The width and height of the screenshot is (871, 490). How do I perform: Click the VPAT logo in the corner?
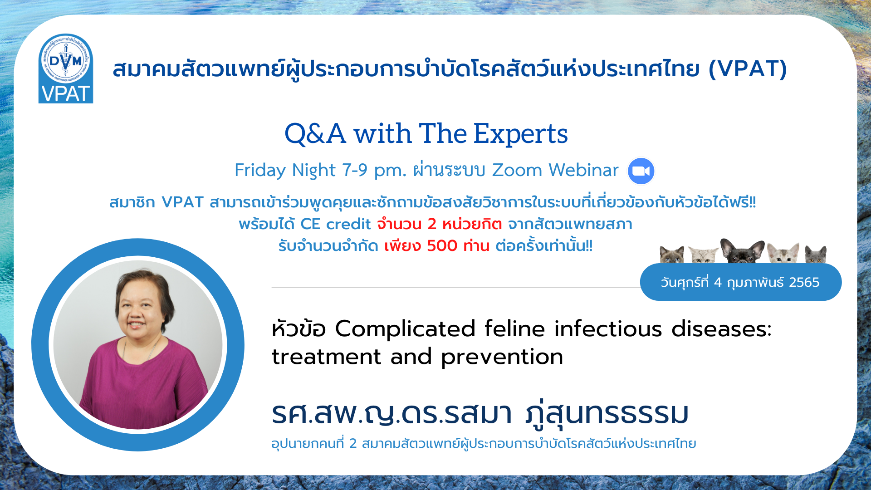tap(66, 69)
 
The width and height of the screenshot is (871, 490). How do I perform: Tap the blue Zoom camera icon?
tap(641, 171)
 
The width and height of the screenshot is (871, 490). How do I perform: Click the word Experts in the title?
tap(520, 133)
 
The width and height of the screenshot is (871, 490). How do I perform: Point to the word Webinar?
tap(583, 170)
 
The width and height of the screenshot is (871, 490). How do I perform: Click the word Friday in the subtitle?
tap(260, 171)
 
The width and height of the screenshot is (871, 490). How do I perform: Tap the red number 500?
tap(442, 245)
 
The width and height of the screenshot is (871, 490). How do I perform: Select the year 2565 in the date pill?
tap(804, 282)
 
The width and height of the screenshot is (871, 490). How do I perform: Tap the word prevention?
tap(502, 357)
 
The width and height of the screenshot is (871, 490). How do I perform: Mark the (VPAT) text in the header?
tap(748, 69)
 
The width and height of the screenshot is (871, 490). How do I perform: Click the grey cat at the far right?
tap(816, 254)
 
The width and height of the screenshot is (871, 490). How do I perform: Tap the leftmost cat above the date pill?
tap(672, 255)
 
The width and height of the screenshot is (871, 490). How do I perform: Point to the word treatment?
tap(326, 357)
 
